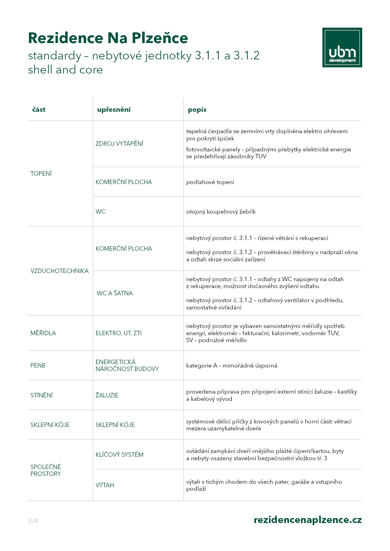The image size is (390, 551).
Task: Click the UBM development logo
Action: click(342, 47)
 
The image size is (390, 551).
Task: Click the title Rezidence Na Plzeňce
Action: click(108, 38)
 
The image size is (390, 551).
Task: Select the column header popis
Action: click(197, 110)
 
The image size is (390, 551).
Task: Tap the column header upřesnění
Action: click(114, 110)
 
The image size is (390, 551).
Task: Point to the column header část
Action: click(39, 110)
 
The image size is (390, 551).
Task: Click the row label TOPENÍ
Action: click(41, 173)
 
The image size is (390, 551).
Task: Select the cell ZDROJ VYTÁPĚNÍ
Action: click(119, 144)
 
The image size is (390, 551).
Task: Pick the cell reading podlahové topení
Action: click(210, 182)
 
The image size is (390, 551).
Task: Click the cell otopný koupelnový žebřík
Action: click(221, 212)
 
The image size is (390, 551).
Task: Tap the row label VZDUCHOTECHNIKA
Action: click(59, 271)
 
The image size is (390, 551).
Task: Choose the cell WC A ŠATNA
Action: click(114, 293)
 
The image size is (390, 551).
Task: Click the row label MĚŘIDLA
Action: click(43, 333)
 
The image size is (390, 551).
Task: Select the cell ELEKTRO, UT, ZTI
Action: click(119, 333)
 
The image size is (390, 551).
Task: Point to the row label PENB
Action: click(38, 365)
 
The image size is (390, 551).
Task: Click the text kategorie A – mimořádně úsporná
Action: click(231, 366)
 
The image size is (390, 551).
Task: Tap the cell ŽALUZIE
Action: click(107, 395)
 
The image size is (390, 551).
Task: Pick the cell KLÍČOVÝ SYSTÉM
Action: click(119, 455)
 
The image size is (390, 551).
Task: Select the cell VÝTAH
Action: click(105, 485)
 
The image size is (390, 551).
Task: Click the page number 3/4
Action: click(33, 521)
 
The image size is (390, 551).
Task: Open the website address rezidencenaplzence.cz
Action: click(308, 520)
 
